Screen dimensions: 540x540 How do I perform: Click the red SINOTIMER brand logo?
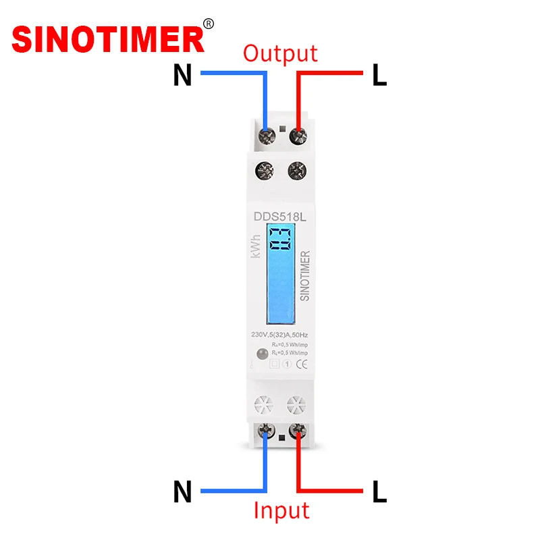[x=108, y=38]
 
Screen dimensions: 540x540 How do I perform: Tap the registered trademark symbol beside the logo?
[x=209, y=24]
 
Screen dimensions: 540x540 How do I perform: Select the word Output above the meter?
[x=280, y=53]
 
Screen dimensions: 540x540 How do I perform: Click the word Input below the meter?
[x=281, y=510]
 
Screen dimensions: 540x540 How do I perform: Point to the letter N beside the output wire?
[x=182, y=76]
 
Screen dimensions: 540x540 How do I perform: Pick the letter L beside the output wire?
[x=379, y=76]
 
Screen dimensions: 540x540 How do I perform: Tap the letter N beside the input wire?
[x=182, y=492]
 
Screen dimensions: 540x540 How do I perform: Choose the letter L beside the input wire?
[x=379, y=492]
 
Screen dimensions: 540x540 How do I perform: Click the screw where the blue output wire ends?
[x=267, y=136]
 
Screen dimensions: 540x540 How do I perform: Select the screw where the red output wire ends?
[x=297, y=136]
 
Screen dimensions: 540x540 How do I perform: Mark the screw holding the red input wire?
[x=297, y=429]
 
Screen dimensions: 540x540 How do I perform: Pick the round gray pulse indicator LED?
[x=261, y=353]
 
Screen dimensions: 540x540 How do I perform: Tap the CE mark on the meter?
[x=304, y=365]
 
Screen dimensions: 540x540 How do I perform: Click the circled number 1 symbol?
[x=287, y=365]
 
